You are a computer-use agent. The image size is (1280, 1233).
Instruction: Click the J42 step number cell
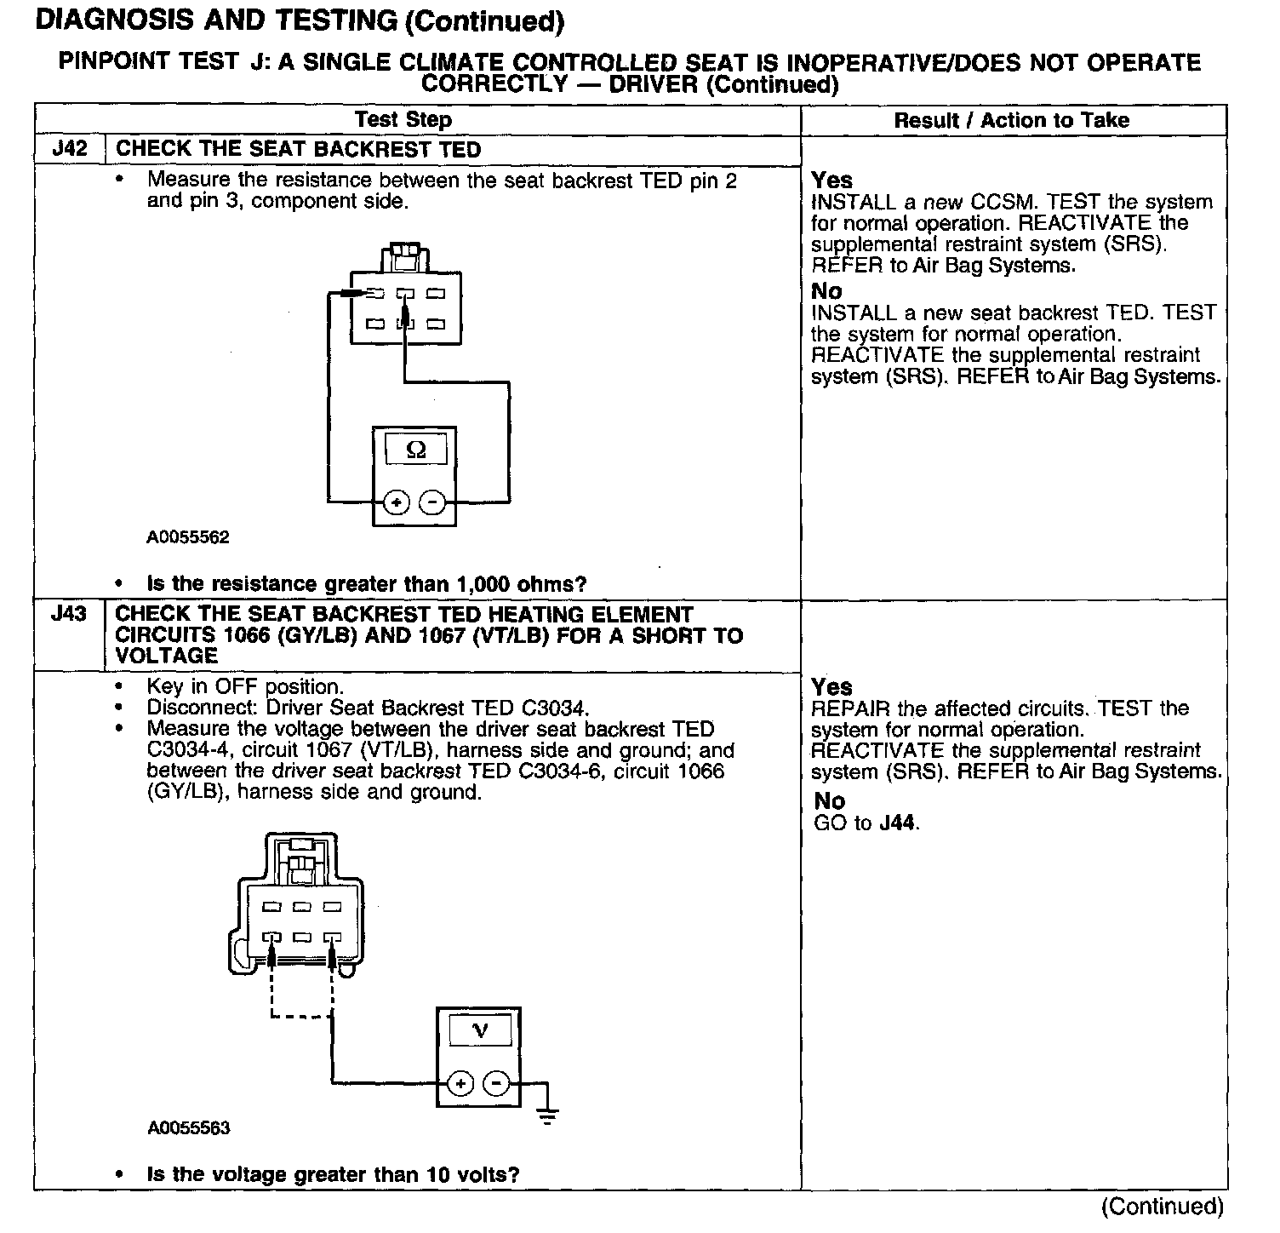70,149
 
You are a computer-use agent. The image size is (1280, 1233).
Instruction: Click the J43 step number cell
69,614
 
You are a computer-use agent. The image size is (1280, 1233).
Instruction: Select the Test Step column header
403,120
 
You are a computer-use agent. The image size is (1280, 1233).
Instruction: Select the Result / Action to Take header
1011,120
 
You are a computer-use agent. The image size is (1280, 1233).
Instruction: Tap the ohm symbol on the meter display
416,449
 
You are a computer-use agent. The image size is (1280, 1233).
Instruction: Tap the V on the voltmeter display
480,1031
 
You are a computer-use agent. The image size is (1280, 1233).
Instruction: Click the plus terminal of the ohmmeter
397,502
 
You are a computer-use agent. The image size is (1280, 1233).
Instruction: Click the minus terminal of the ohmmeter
433,502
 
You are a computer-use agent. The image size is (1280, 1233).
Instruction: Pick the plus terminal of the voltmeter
460,1084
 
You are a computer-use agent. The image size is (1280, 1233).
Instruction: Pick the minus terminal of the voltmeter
497,1084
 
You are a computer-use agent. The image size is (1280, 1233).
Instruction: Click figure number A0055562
188,537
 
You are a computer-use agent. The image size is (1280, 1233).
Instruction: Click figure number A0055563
188,1128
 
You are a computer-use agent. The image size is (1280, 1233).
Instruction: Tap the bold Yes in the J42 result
831,180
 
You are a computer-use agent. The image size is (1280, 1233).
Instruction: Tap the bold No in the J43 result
830,801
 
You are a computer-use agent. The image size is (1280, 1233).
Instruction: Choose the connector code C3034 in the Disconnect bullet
552,708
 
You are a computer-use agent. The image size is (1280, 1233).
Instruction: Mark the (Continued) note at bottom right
1163,1206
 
